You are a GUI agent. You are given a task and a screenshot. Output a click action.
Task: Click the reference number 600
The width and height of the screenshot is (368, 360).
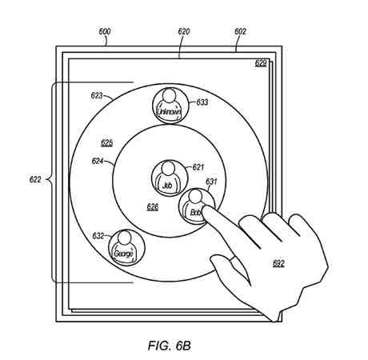(x=105, y=31)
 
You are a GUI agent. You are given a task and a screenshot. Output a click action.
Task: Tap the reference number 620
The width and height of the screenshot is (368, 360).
(x=184, y=31)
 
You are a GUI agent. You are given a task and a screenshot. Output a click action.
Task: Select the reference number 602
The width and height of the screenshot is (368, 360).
(x=240, y=31)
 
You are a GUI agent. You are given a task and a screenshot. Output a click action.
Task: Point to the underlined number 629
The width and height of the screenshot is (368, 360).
(x=261, y=63)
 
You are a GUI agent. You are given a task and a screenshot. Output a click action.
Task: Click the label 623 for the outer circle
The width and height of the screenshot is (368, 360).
(x=97, y=95)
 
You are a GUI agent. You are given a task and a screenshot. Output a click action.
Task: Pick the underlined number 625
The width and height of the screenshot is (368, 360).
(x=106, y=143)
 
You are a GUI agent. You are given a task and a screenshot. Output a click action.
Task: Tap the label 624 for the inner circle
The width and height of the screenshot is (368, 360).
(x=98, y=161)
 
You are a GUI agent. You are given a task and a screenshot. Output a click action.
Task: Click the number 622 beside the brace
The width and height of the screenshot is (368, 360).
(x=35, y=179)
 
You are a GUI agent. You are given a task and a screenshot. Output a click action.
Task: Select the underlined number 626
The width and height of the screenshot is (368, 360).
(x=153, y=207)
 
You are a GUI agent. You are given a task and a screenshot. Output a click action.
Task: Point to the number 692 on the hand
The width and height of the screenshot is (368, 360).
(x=278, y=263)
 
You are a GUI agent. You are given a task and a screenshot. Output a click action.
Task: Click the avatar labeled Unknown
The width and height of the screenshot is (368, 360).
(x=170, y=106)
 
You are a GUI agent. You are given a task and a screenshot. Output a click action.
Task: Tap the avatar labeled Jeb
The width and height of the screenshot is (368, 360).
(x=170, y=178)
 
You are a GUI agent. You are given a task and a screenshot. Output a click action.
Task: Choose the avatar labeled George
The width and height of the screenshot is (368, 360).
(x=126, y=248)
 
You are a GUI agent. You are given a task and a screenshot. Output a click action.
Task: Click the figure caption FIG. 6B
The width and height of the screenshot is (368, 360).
(x=170, y=346)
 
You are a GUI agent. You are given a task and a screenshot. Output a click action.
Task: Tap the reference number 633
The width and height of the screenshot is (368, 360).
(x=202, y=102)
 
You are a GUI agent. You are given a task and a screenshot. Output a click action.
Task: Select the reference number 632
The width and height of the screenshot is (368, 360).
(x=98, y=236)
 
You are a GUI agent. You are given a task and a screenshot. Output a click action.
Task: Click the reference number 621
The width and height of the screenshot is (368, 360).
(x=198, y=167)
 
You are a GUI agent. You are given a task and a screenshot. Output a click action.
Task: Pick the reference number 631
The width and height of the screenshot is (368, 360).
(x=211, y=182)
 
